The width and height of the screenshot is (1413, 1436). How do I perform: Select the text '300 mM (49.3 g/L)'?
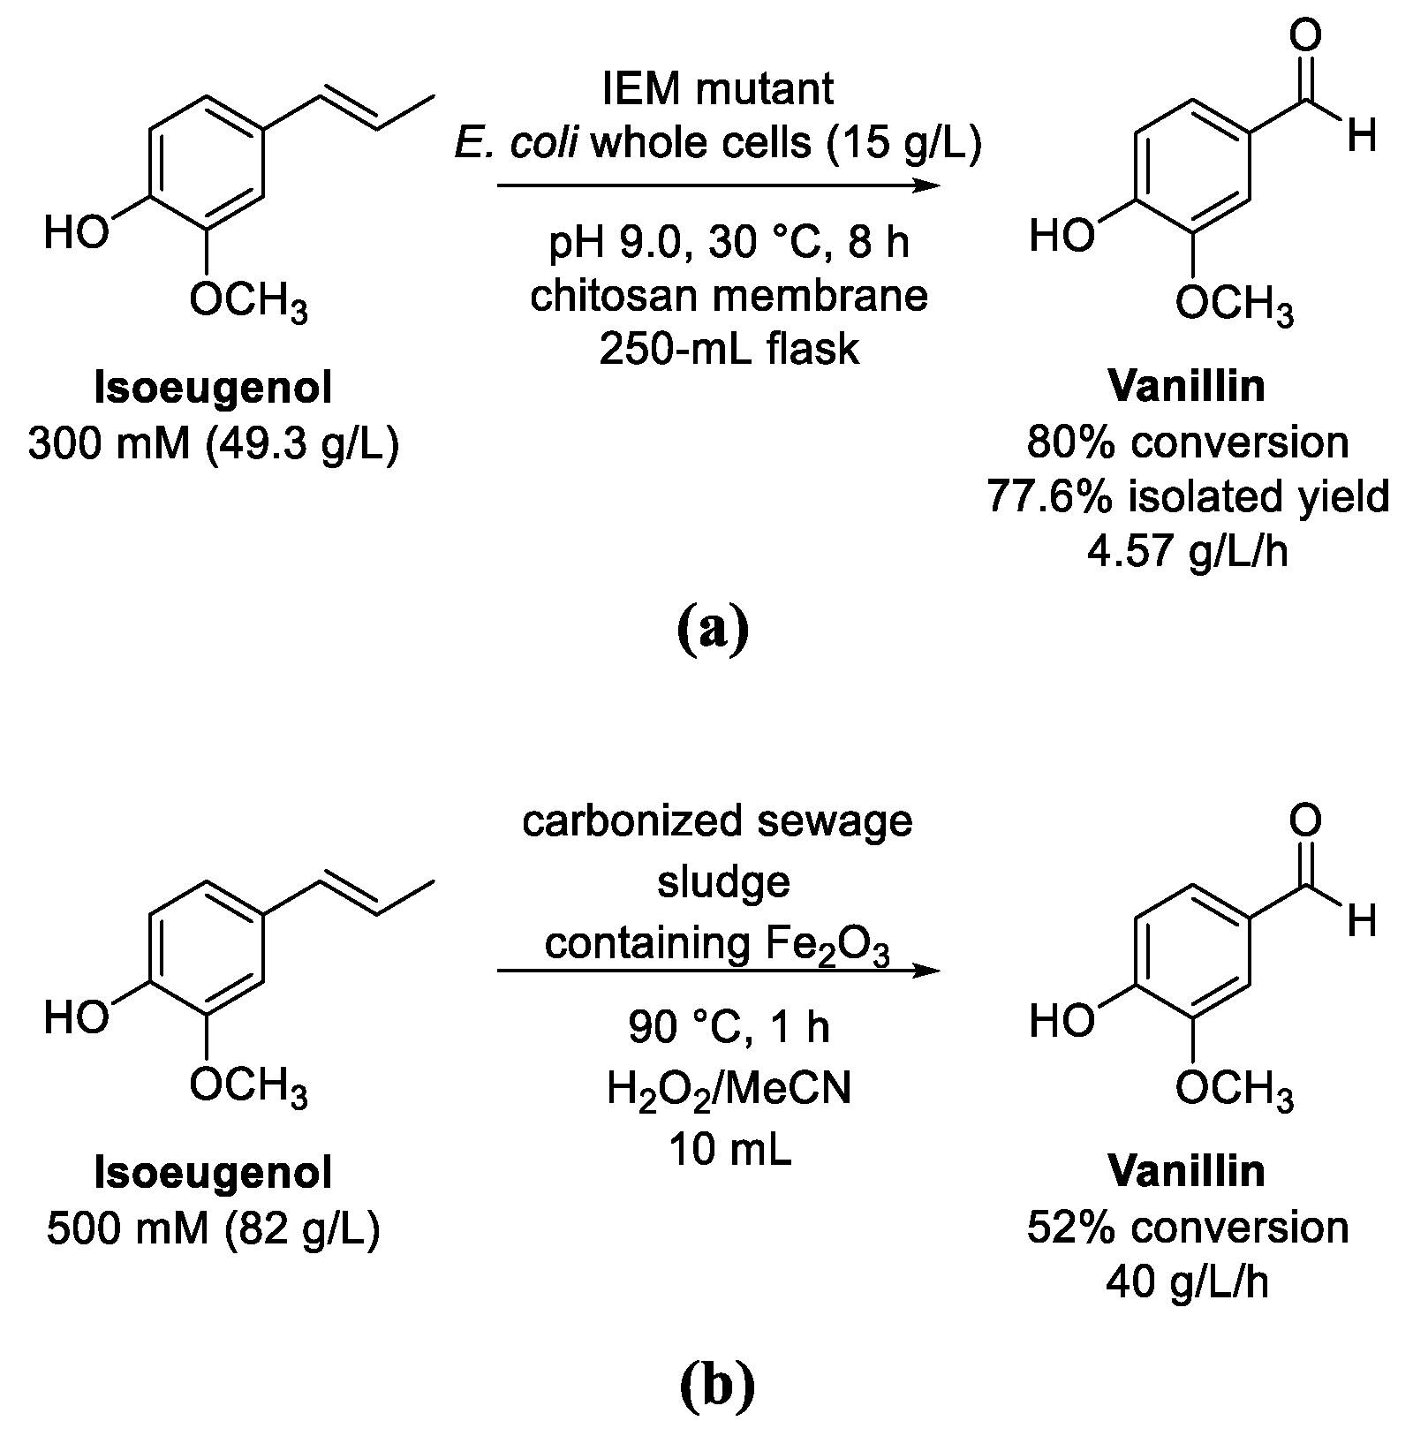[x=214, y=444]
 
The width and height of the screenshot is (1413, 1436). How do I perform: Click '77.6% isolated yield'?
[x=1188, y=497]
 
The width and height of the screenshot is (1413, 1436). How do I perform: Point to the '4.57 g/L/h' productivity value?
[x=1188, y=551]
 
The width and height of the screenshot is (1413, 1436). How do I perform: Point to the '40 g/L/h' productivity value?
[x=1188, y=1281]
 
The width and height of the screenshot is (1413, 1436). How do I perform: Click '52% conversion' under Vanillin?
[x=1188, y=1228]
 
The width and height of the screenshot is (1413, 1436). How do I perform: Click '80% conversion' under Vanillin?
[x=1188, y=442]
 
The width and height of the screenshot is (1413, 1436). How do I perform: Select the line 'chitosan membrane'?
[x=729, y=295]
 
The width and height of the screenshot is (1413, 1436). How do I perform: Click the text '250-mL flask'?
[x=729, y=349]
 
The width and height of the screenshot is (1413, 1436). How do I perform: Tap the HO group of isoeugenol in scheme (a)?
[x=76, y=234]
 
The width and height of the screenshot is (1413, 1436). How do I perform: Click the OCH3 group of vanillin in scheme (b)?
[x=1234, y=1092]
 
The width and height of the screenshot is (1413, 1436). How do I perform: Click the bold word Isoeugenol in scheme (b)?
[x=214, y=1174]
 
